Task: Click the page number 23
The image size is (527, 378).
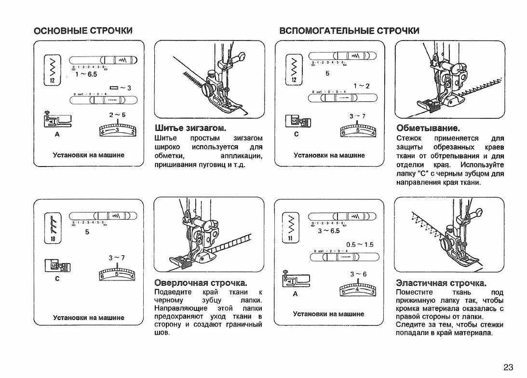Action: (x=508, y=367)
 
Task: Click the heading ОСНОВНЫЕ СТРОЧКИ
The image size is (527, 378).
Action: (x=83, y=31)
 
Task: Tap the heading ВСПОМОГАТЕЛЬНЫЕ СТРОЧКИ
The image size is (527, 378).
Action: (x=350, y=31)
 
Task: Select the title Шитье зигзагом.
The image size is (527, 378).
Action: (x=190, y=128)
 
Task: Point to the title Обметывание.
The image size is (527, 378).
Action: (x=428, y=128)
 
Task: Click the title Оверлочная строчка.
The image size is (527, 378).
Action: (x=201, y=282)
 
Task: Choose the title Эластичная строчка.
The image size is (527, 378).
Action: (x=441, y=283)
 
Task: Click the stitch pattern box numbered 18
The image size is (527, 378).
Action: (x=52, y=228)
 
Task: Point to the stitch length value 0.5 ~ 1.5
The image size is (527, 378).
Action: (x=360, y=244)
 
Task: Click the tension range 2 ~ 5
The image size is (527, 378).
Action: (x=117, y=115)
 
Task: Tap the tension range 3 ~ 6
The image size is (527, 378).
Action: (x=358, y=274)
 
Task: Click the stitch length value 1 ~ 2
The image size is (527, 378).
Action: (x=361, y=86)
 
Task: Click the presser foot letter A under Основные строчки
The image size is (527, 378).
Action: (x=57, y=135)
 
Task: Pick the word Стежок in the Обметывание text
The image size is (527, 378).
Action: (x=409, y=138)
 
